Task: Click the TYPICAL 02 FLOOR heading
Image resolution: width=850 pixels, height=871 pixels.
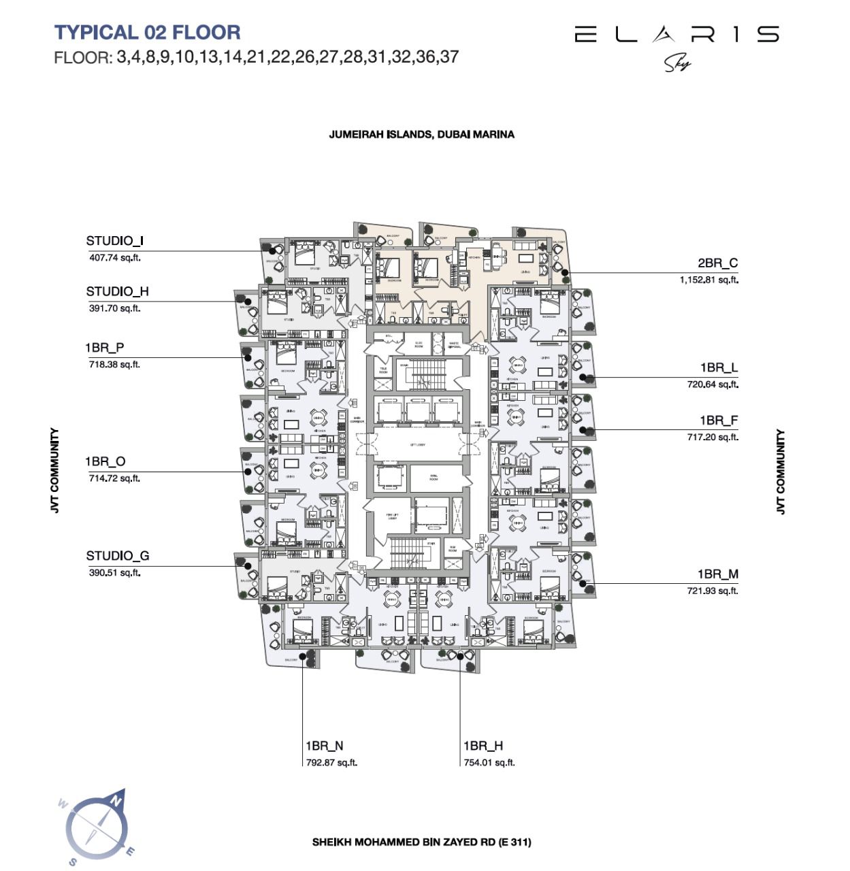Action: click(147, 32)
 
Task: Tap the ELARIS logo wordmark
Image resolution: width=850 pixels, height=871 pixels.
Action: click(676, 34)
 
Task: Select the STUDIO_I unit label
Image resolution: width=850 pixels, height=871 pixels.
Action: click(114, 241)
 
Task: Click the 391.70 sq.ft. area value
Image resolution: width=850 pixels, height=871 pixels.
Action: click(114, 308)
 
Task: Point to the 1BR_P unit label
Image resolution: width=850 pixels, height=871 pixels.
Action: click(104, 348)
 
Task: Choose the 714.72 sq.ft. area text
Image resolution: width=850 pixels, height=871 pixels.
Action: click(114, 478)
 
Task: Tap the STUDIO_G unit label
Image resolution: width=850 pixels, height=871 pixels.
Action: click(117, 556)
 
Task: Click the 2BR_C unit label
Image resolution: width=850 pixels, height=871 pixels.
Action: click(717, 263)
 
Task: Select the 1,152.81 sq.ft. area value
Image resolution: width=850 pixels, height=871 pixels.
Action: click(708, 280)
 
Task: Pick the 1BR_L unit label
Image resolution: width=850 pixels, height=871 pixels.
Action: click(719, 368)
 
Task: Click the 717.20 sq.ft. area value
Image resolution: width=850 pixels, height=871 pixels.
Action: click(712, 437)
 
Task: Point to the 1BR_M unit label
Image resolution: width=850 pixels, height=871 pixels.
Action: click(717, 575)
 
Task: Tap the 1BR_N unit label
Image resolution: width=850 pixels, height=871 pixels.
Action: click(324, 746)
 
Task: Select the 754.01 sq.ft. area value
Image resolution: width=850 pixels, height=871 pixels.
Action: click(489, 763)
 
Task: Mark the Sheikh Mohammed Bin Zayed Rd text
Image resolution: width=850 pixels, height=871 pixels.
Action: click(421, 842)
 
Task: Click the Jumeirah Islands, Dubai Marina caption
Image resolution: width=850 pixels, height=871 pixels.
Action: click(421, 135)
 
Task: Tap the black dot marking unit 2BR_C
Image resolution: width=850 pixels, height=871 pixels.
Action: click(565, 273)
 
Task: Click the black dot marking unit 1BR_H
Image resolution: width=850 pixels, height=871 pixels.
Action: click(461, 656)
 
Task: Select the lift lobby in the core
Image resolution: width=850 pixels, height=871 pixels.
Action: click(418, 445)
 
